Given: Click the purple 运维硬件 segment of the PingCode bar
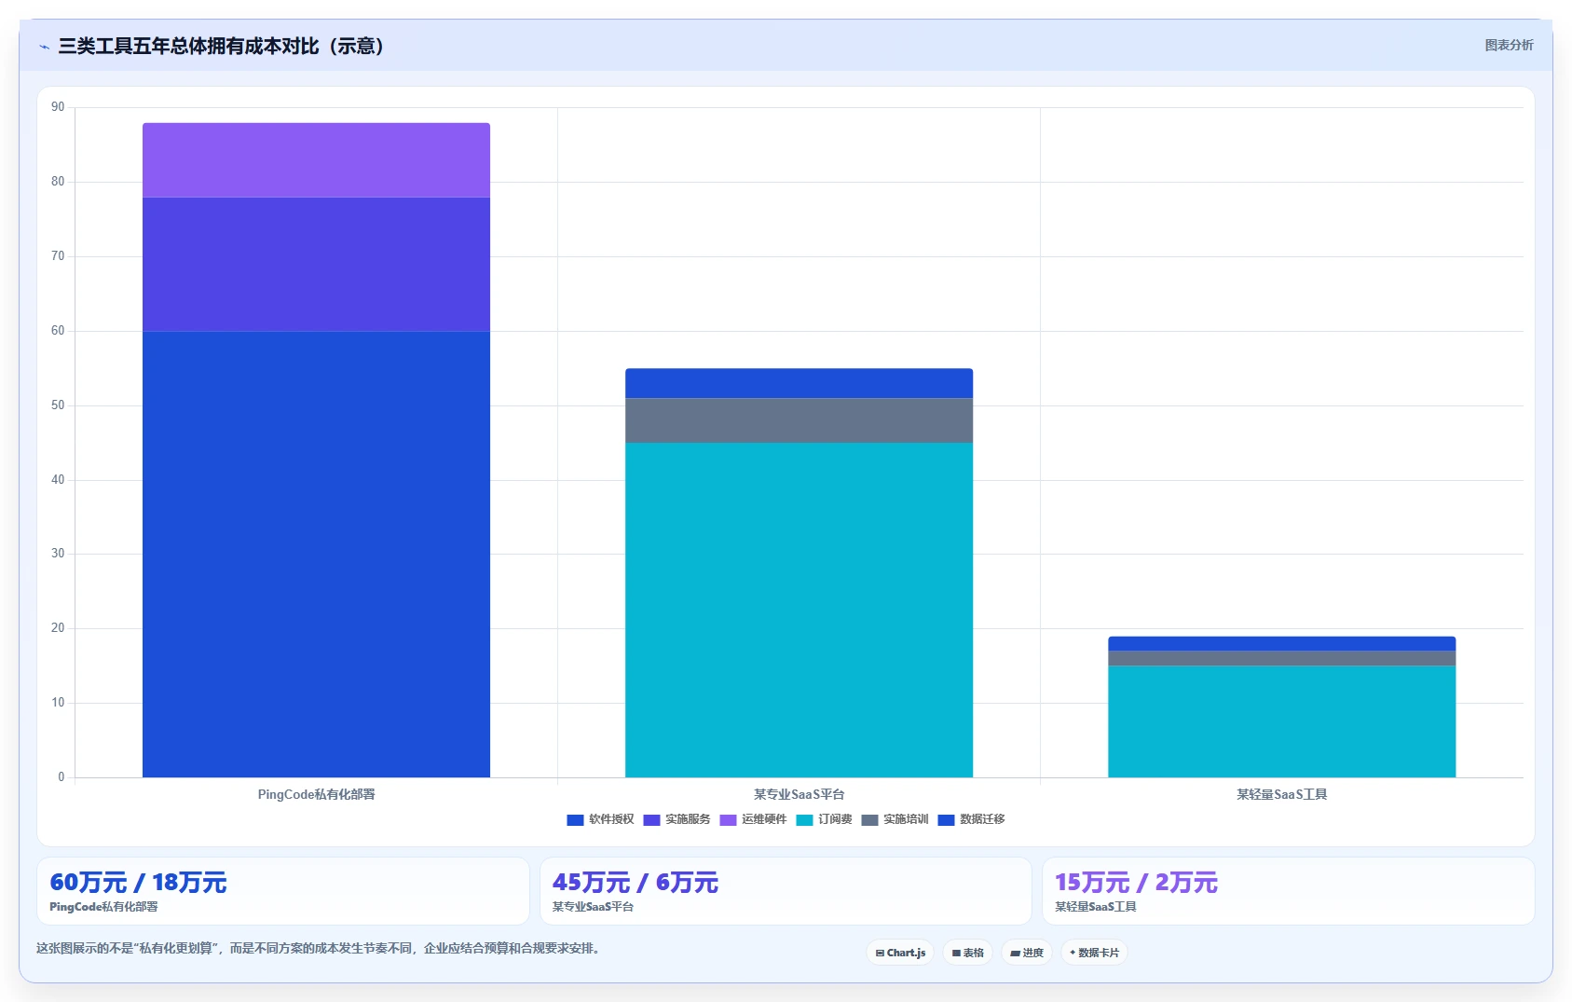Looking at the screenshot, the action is [316, 160].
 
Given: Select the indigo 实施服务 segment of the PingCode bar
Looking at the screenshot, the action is [316, 264].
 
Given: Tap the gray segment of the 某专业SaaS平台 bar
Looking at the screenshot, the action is [799, 420].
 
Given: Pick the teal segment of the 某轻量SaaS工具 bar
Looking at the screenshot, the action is [1281, 721].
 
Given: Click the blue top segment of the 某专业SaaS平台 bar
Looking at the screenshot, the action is [799, 383].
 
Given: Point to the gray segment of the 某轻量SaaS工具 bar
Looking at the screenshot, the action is [1281, 658].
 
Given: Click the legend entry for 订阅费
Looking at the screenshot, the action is [824, 819].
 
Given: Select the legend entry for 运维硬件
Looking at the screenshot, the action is [753, 819].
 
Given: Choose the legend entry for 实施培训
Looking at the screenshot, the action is [895, 819].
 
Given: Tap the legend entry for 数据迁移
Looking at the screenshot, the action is [971, 819].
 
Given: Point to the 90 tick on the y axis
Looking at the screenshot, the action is [58, 107].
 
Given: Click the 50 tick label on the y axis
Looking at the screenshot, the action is [58, 405].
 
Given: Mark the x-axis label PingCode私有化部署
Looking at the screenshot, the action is [316, 794].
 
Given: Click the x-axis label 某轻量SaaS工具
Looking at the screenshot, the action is [1281, 794].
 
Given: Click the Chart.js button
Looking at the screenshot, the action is [900, 953].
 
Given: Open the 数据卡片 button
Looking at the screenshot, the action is [1094, 953].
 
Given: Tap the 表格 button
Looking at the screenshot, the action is [968, 953].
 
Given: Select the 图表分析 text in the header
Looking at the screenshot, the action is [1509, 45].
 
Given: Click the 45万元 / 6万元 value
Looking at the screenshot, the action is [636, 883].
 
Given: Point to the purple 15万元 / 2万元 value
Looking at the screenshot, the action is [1136, 883].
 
